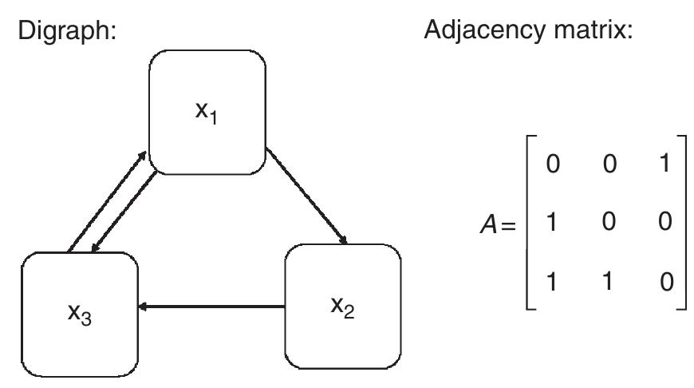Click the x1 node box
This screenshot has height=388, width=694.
tap(207, 111)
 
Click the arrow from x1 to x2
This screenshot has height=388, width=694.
tap(307, 196)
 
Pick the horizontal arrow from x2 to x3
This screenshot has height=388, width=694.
tap(211, 306)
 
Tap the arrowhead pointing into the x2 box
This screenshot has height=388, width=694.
tap(343, 239)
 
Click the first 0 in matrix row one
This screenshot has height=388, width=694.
tap(550, 165)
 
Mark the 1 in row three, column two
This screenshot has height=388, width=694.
tap(609, 282)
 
